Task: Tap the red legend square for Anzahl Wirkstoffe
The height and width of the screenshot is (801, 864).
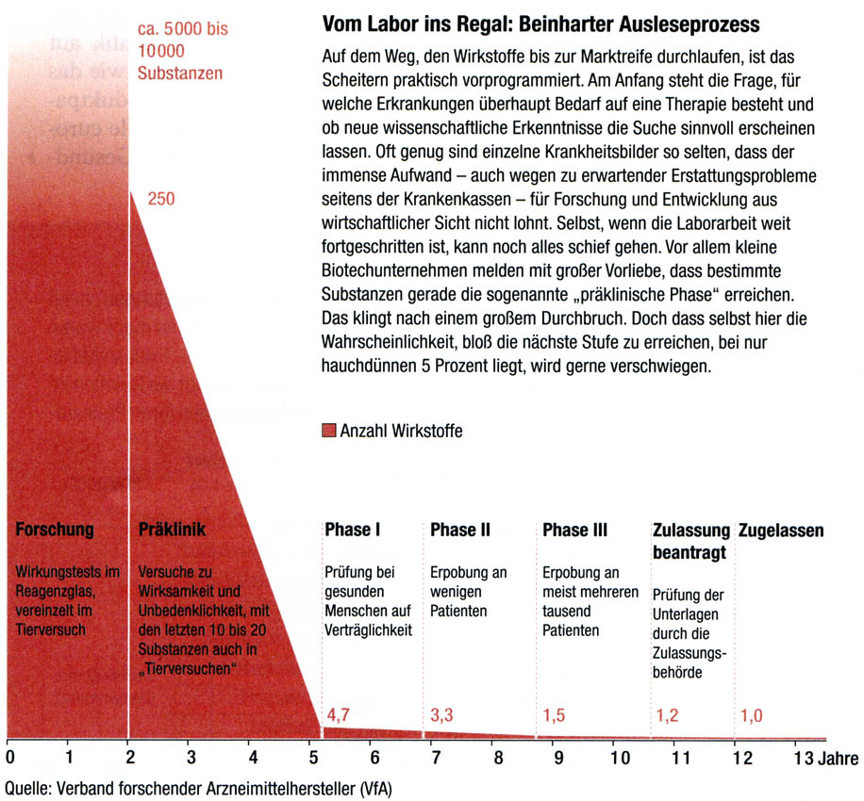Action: click(328, 431)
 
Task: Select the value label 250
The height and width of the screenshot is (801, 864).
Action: click(161, 199)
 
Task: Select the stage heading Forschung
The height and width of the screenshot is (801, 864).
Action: click(55, 530)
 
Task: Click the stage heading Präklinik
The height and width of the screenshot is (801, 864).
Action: click(172, 530)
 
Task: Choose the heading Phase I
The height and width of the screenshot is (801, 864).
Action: click(353, 530)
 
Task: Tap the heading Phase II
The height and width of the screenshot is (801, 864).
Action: click(460, 530)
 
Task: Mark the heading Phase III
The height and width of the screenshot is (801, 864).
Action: click(575, 530)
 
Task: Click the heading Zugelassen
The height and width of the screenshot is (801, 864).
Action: click(780, 531)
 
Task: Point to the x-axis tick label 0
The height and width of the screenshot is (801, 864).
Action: click(9, 756)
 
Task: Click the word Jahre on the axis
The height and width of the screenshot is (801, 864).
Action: click(839, 756)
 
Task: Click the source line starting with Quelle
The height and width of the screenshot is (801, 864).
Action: click(198, 787)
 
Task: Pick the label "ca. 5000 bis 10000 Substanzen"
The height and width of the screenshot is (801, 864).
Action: click(182, 50)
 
